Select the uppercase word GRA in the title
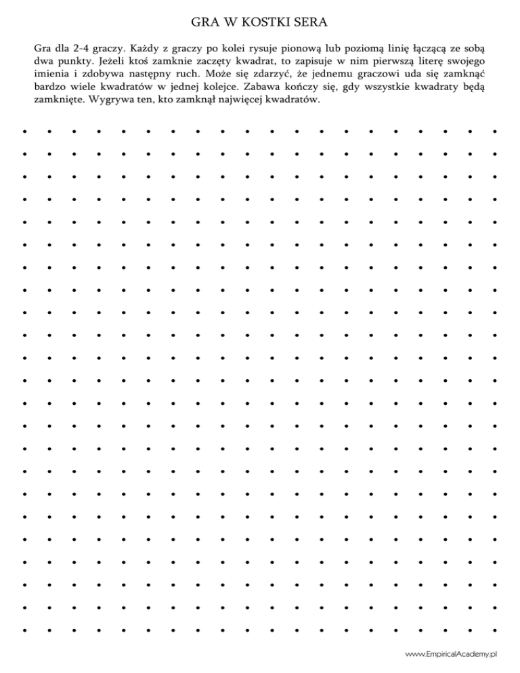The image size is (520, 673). click(x=203, y=24)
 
